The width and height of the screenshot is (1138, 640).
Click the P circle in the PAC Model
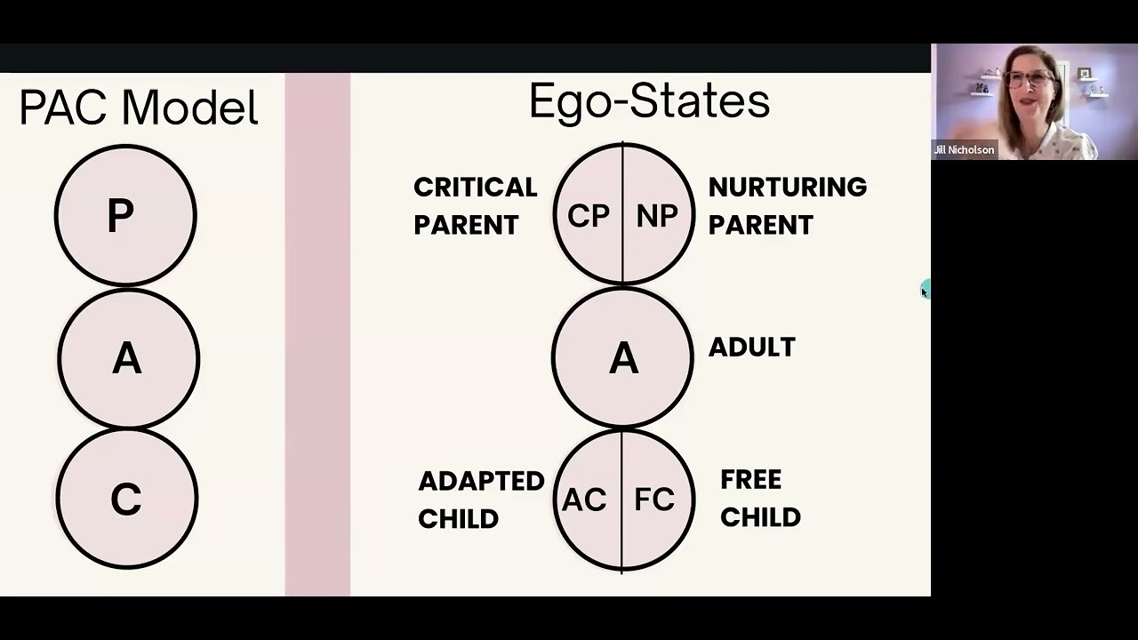pos(124,215)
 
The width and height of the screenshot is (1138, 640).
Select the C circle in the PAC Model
pos(126,500)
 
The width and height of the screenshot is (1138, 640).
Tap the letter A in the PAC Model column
pos(127,359)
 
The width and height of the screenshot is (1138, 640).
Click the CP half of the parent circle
pos(588,216)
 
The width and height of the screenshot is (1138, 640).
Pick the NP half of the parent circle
pos(657,216)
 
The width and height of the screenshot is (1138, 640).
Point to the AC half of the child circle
pos(584,500)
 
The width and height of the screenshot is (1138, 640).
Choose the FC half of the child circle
pos(655,500)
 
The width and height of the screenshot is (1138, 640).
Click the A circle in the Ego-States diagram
pos(622,358)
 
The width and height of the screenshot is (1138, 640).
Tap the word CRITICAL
pos(476,188)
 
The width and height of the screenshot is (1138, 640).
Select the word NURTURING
pos(787,188)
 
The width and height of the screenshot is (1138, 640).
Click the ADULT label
pos(751,348)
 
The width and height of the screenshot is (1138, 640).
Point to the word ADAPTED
pos(481,481)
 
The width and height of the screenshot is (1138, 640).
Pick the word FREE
pos(750,480)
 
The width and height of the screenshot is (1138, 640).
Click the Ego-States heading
pos(649,101)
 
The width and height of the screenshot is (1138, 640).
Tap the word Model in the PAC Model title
pos(189,108)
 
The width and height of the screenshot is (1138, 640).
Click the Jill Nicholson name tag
pos(964,150)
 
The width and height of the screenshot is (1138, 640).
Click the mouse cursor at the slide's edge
pos(924,291)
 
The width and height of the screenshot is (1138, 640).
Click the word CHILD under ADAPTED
pos(458,519)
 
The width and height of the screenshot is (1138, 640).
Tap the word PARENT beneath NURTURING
pos(760,225)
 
